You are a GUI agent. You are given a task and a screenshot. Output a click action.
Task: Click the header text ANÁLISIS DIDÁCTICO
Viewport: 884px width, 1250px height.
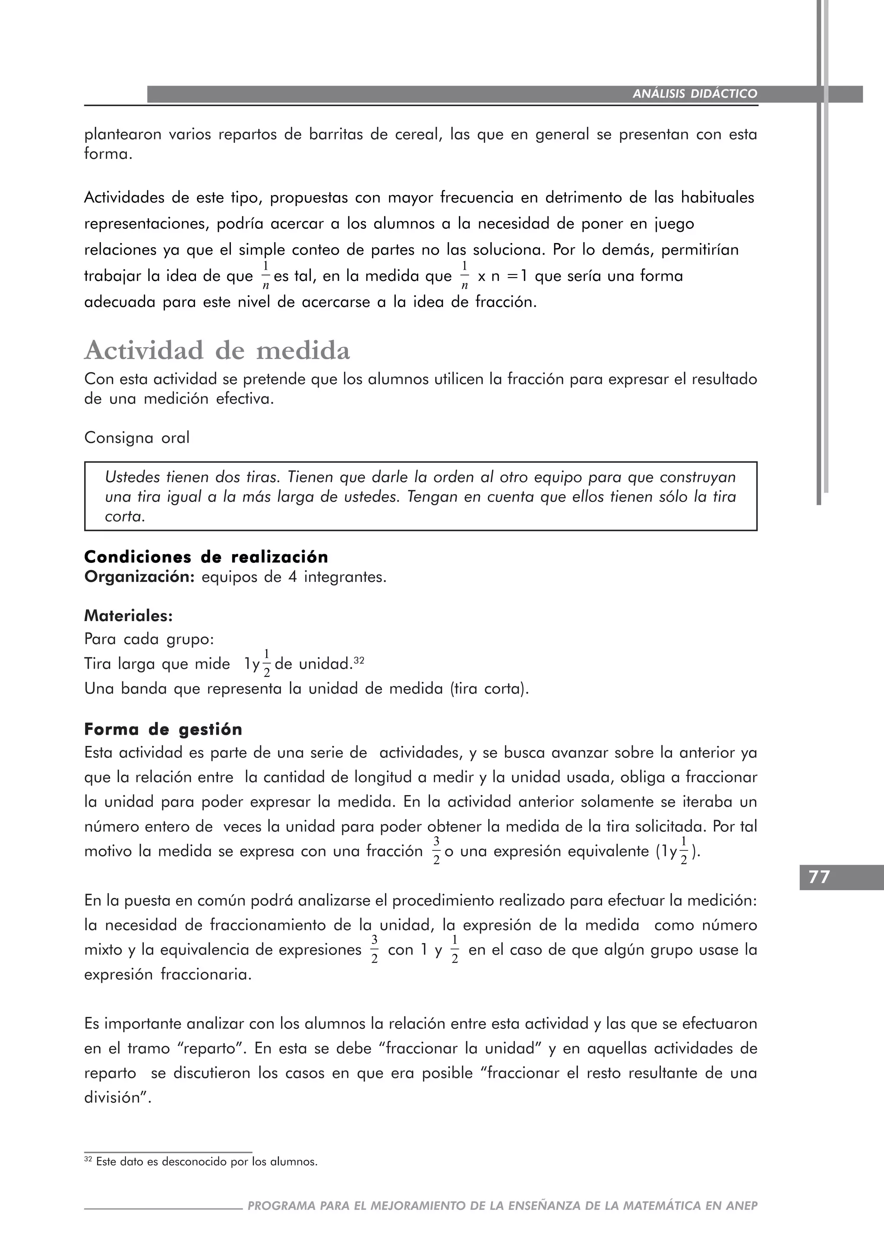point(695,94)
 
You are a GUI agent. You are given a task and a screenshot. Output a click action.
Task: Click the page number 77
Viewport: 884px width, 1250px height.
point(819,877)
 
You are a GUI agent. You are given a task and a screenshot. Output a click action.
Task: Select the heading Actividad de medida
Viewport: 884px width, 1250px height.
point(217,350)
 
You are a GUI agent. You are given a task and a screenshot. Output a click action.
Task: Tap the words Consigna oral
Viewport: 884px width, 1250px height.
point(137,438)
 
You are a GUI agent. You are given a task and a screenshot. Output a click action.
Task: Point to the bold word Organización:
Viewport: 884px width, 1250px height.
point(139,577)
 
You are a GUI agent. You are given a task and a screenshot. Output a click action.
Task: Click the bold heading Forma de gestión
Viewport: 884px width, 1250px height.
point(163,729)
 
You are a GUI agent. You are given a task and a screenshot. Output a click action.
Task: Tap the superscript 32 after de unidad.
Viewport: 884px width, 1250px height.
point(359,661)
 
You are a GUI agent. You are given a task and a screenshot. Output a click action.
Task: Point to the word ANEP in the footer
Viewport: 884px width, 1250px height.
point(742,1206)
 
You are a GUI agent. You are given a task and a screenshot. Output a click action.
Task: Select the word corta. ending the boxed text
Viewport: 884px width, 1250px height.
point(125,517)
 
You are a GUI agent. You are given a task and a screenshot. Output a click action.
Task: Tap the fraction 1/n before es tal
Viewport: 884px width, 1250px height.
point(265,275)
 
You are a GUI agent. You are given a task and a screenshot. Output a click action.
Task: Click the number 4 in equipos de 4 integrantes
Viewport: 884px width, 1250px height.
point(293,577)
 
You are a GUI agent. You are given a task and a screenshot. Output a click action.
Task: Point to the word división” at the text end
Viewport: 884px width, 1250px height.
point(117,1098)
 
